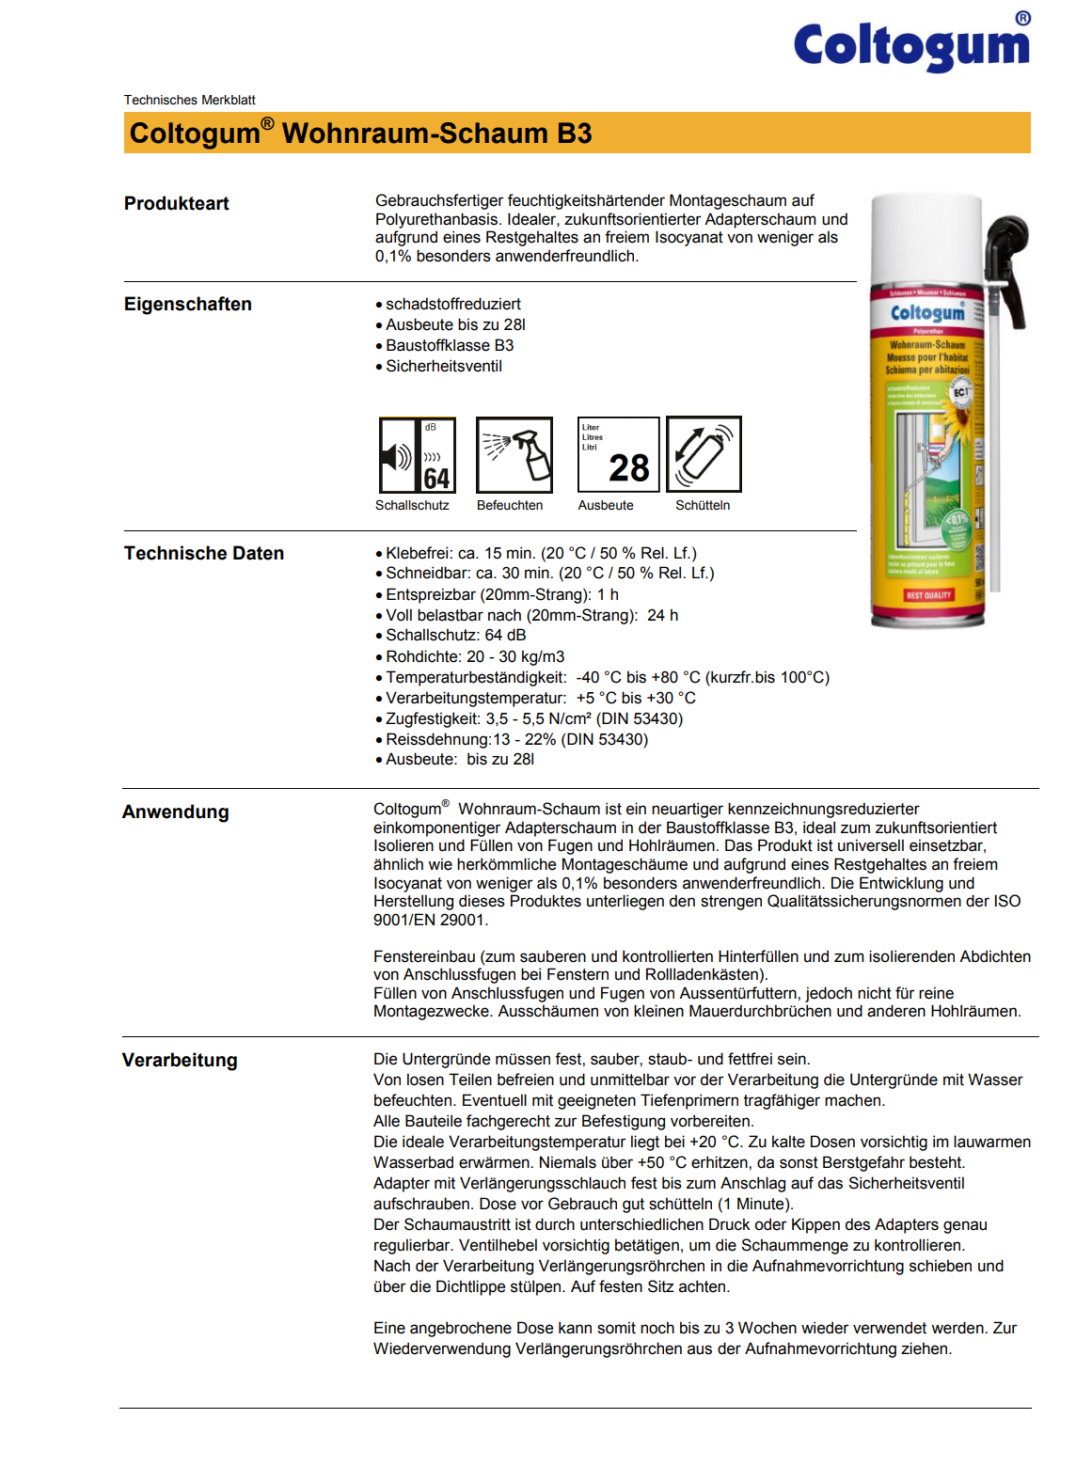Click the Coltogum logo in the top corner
(x=910, y=45)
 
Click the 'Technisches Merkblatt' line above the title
(x=189, y=100)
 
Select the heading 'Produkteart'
(x=177, y=204)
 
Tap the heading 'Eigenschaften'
(x=188, y=305)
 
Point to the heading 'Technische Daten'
(x=204, y=554)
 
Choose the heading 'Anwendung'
(x=176, y=812)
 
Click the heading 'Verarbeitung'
(x=180, y=1061)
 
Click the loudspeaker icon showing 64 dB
(x=417, y=455)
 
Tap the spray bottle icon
(x=514, y=455)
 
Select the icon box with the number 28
(x=618, y=455)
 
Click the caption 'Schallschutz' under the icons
(x=412, y=506)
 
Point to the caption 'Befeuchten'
(x=510, y=506)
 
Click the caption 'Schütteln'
(x=703, y=506)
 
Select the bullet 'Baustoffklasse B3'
(x=450, y=346)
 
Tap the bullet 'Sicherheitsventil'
(x=444, y=367)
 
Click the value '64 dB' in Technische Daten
(x=506, y=636)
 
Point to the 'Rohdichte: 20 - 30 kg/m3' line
(x=475, y=657)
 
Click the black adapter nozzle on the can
(x=1006, y=254)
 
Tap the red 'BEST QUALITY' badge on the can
(x=928, y=595)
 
